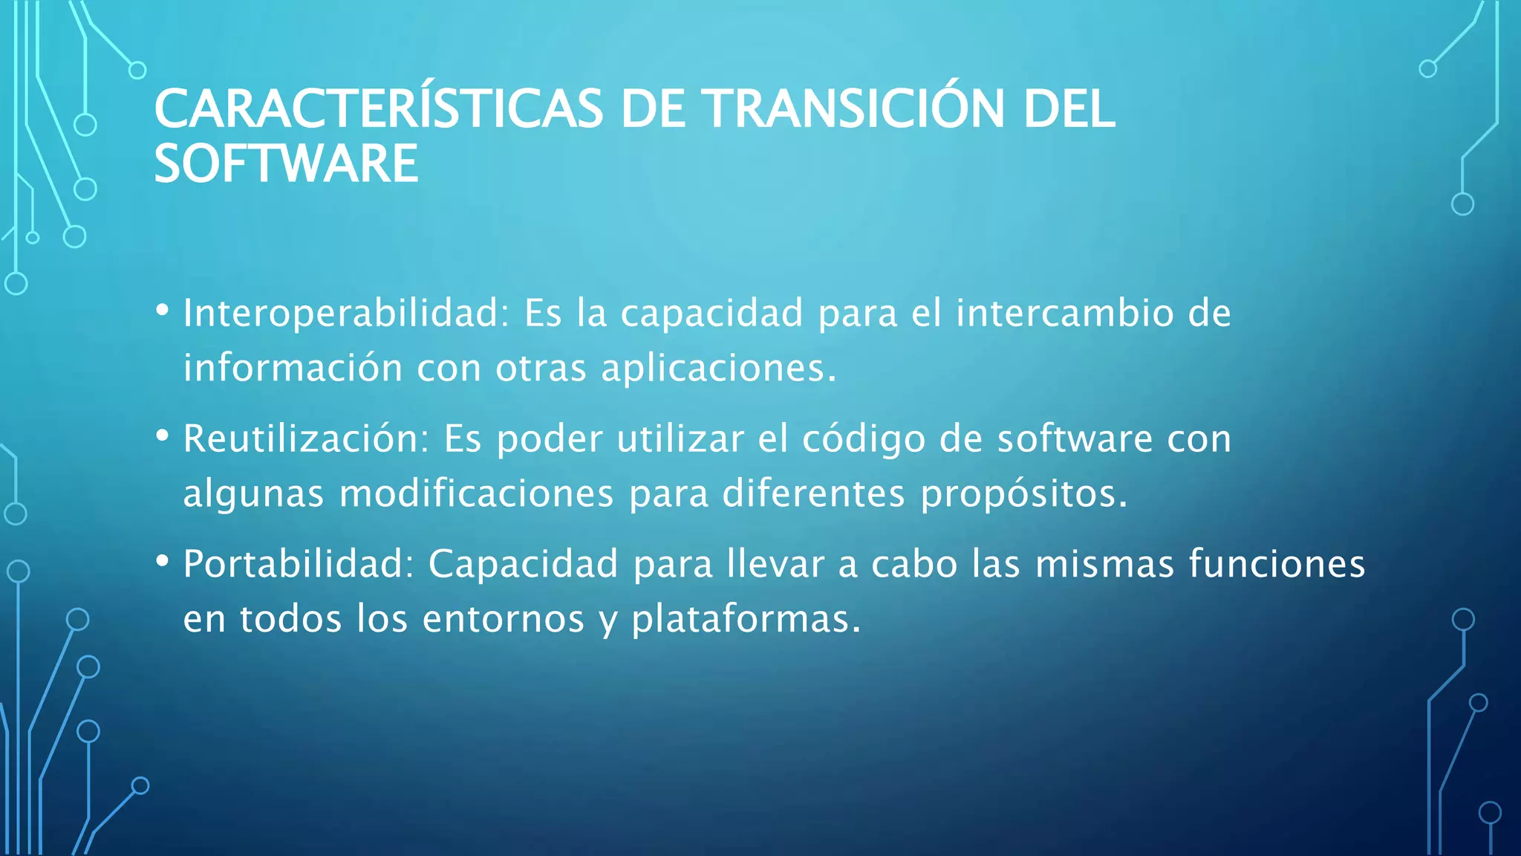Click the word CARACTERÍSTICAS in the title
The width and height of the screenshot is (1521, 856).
point(379,108)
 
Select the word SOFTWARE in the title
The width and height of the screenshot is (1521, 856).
point(286,164)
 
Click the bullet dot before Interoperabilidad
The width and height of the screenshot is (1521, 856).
point(163,310)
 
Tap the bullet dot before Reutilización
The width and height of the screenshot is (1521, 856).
point(163,435)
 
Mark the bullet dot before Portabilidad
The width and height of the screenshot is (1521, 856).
point(163,561)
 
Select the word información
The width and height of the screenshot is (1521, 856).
point(293,368)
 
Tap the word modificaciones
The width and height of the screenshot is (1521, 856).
point(476,493)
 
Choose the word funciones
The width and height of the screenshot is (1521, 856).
point(1277,563)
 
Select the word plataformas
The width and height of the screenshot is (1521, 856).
point(746,620)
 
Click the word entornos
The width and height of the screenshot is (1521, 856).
point(504,619)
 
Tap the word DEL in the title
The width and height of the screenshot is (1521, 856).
point(1069,108)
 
